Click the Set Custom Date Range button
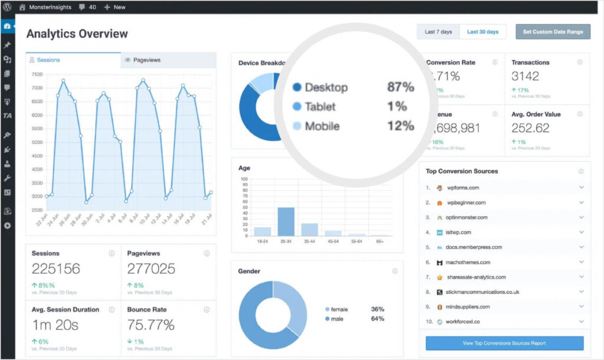(553, 32)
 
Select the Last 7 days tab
(438, 32)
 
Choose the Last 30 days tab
(482, 32)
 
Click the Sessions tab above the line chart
(48, 60)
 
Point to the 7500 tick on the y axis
(37, 74)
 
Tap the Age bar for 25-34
(286, 221)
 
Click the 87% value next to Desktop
(401, 87)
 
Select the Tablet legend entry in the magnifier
(320, 107)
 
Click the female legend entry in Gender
(339, 309)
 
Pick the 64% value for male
(377, 319)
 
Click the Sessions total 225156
(56, 269)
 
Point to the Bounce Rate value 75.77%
(151, 325)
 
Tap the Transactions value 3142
(525, 76)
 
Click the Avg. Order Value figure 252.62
(530, 128)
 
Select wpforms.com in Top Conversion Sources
(462, 188)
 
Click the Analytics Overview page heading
(77, 34)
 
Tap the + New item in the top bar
(115, 7)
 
